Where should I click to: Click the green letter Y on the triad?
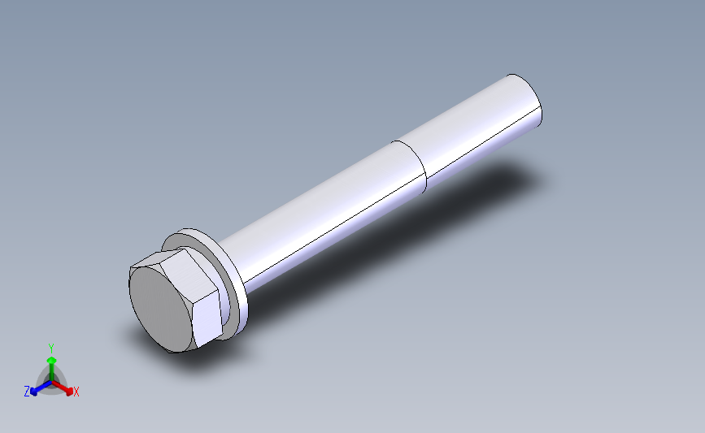pyautogui.click(x=51, y=348)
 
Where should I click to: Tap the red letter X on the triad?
pyautogui.click(x=76, y=392)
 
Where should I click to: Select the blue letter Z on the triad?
pyautogui.click(x=27, y=392)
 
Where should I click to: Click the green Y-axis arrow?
pyautogui.click(x=51, y=364)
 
